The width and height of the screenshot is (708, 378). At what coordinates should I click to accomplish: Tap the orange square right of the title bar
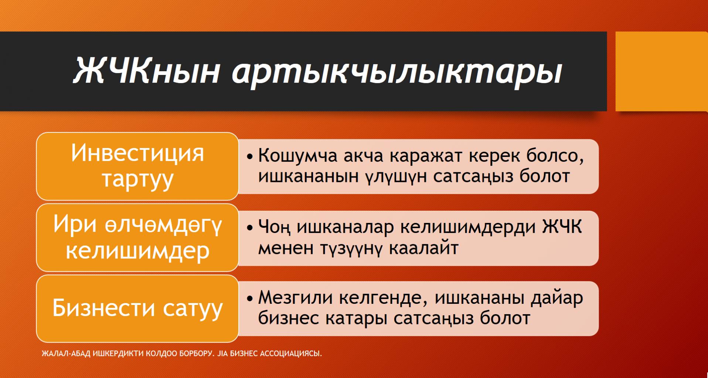[x=661, y=71]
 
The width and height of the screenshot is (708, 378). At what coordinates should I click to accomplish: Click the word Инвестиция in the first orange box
[x=137, y=153]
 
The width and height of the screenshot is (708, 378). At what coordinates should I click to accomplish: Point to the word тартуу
[x=137, y=180]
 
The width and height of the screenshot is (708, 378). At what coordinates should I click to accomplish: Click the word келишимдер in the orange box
[x=137, y=251]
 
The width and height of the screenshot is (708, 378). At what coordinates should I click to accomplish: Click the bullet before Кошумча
[x=250, y=157]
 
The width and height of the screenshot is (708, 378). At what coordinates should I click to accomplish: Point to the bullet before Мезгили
[x=250, y=298]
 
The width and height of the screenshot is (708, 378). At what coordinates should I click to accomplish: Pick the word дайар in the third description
[x=557, y=298]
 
